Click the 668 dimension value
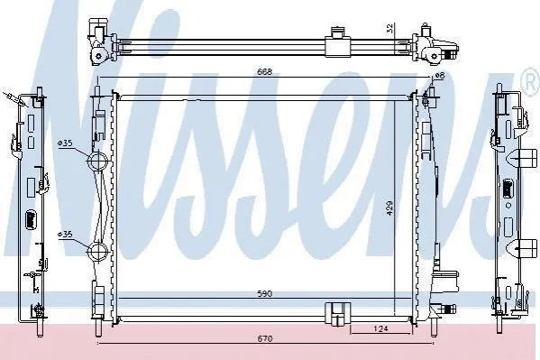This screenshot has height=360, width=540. pos(264,71)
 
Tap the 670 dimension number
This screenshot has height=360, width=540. pos(265,339)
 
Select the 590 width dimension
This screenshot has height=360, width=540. pos(265,294)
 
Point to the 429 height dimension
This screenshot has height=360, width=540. pos(389,208)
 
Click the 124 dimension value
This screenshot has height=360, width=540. pos(380,328)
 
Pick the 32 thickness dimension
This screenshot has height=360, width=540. pos(389,28)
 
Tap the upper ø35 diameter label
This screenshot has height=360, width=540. pos(65,143)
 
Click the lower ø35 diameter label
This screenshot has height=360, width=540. pos(65,235)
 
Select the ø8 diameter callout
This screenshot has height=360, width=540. pos(440,76)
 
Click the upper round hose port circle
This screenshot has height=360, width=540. pos(97,161)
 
